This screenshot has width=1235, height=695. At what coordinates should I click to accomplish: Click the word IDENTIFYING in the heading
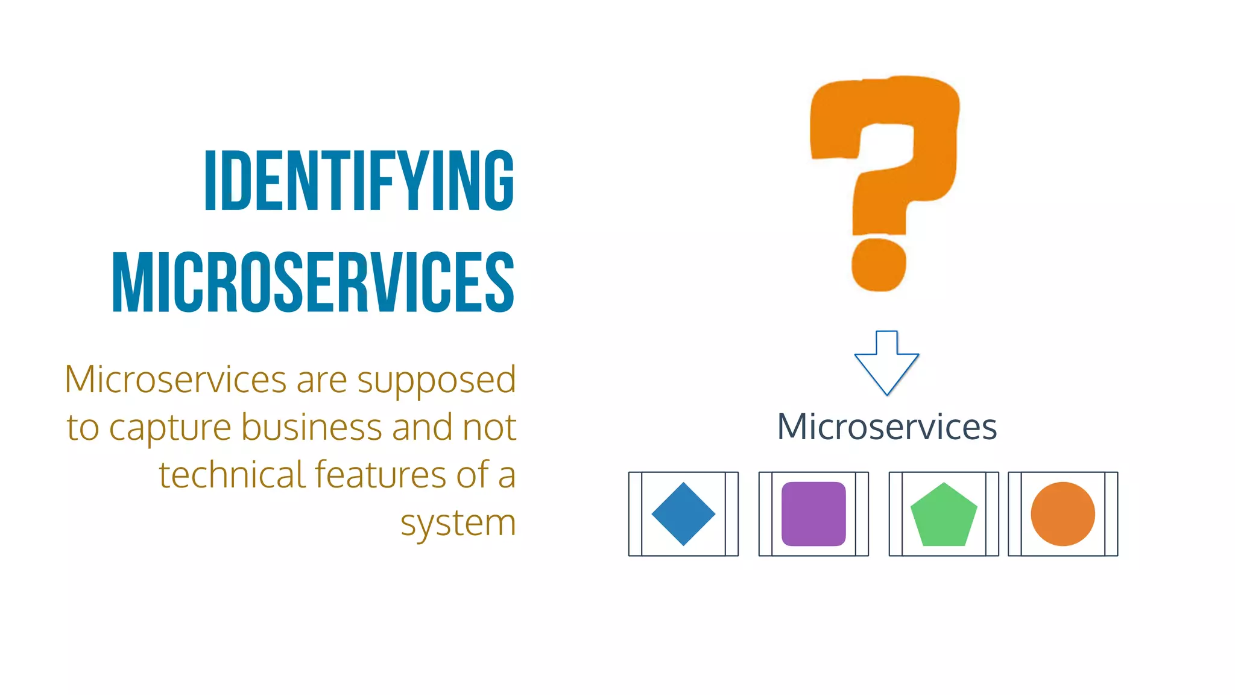[x=359, y=181]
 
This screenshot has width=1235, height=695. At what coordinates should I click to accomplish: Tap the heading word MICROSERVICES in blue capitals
[x=313, y=282]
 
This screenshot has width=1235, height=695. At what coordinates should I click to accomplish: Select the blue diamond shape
[x=683, y=514]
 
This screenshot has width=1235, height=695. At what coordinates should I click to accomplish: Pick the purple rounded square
[x=813, y=514]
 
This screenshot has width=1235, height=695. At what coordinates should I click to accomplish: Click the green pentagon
[x=944, y=516]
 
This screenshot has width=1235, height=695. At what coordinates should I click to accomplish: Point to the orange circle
[x=1063, y=514]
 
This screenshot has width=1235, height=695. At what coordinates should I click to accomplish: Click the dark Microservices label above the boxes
[x=886, y=427]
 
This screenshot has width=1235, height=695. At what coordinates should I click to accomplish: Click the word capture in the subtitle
[x=170, y=428]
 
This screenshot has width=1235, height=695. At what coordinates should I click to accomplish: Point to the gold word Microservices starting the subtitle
[x=175, y=380]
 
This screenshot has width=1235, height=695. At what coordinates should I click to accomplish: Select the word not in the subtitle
[x=489, y=428]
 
